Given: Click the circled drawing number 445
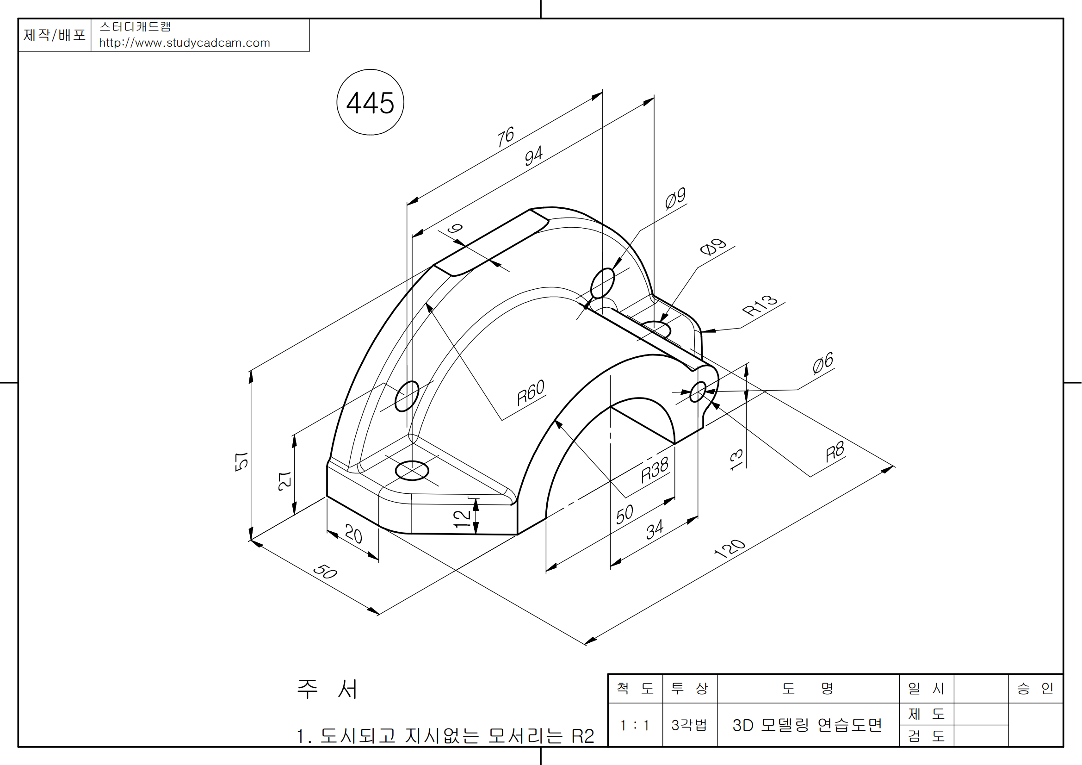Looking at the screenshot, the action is pos(371,102).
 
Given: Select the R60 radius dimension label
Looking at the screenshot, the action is pos(531,392).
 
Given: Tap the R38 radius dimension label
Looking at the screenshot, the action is pos(655,469).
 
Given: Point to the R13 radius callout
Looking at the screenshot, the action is pos(760,305).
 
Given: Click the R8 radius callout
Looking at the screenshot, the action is pos(835,452).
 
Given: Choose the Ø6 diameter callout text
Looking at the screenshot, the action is pos(823,363).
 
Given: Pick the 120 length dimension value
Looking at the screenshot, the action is pos(730,548).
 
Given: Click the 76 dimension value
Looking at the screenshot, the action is pos(505,136).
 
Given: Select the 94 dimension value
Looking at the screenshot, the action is pos(533,156).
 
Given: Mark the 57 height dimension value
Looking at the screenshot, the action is pos(241,461).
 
